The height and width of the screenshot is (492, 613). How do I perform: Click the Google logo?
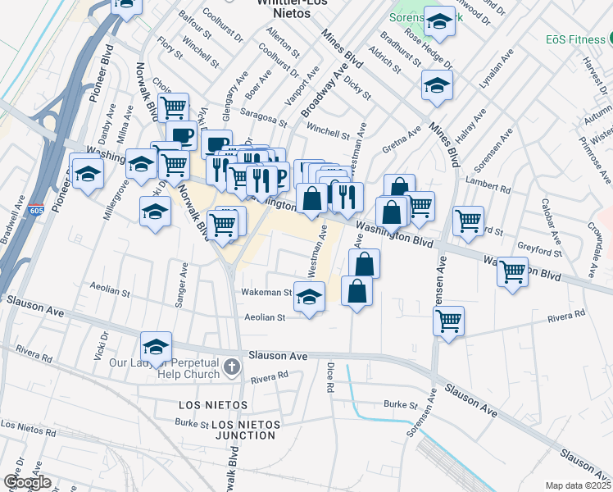click(27, 482)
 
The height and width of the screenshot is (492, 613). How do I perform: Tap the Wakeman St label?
click(266, 292)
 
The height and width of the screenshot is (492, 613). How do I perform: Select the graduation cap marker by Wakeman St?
click(309, 298)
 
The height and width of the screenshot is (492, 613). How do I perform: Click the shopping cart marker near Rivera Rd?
click(448, 321)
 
